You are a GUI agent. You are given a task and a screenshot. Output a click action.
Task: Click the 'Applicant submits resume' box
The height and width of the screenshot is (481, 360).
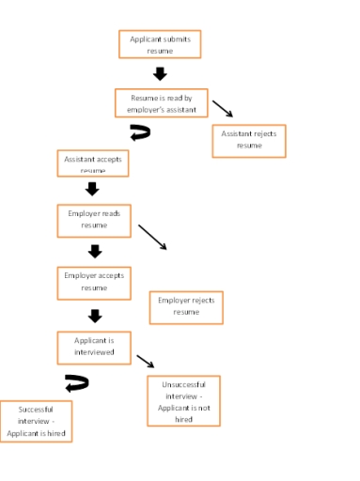pyautogui.click(x=159, y=44)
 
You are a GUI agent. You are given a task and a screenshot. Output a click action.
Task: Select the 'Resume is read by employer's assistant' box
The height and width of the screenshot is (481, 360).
pyautogui.click(x=161, y=103)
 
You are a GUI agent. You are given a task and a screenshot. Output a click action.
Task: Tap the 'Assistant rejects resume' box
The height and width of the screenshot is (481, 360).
pyautogui.click(x=248, y=140)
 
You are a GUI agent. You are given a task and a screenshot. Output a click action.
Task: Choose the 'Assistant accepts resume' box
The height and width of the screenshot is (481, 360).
pyautogui.click(x=92, y=163)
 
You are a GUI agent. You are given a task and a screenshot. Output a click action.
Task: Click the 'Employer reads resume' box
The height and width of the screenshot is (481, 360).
pyautogui.click(x=94, y=220)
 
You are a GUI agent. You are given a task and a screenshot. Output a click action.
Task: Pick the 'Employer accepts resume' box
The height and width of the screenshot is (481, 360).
pyautogui.click(x=94, y=282)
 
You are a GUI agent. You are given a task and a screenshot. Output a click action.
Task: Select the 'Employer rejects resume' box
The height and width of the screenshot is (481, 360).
pyautogui.click(x=186, y=306)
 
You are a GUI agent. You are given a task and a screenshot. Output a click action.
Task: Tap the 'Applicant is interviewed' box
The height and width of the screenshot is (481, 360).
pyautogui.click(x=94, y=346)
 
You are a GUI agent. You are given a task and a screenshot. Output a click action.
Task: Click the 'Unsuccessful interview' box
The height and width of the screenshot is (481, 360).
pyautogui.click(x=183, y=401)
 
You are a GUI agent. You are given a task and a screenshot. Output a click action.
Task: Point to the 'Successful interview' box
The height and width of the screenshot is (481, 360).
pyautogui.click(x=36, y=421)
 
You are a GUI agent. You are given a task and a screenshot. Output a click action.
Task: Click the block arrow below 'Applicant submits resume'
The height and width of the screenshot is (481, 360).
pyautogui.click(x=160, y=73)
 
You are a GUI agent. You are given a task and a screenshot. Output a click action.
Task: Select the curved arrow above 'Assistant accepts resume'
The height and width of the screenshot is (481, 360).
pyautogui.click(x=139, y=133)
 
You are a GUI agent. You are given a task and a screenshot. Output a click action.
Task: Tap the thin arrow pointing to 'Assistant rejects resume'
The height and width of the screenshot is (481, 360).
pyautogui.click(x=223, y=109)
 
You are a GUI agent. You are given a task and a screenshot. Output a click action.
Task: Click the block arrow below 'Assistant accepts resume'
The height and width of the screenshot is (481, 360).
pyautogui.click(x=92, y=190)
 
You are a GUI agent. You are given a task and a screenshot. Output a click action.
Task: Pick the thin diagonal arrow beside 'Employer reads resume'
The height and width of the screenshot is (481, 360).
pyautogui.click(x=152, y=237)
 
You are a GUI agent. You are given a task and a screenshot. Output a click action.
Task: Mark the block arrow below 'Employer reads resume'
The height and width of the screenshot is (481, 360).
pyautogui.click(x=94, y=251)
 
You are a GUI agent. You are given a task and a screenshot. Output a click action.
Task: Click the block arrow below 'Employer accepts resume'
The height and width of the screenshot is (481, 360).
pyautogui.click(x=94, y=316)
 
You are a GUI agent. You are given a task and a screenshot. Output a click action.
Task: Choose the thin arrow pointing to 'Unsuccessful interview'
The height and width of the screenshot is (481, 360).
pyautogui.click(x=145, y=362)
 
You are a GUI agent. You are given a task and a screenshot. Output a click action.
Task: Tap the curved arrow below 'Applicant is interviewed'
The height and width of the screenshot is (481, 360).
pyautogui.click(x=76, y=382)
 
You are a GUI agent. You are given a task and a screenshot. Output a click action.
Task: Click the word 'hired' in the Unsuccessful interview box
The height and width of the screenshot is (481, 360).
pyautogui.click(x=183, y=419)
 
